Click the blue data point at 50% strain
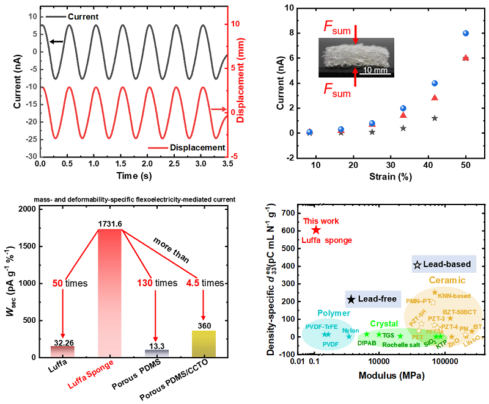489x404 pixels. tap(466, 34)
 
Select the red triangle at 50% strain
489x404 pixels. tap(466, 58)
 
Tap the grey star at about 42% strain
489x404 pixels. tap(435, 118)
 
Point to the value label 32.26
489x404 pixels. tap(62, 341)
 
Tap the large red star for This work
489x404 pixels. tap(316, 229)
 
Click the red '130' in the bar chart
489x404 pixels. tap(141, 283)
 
